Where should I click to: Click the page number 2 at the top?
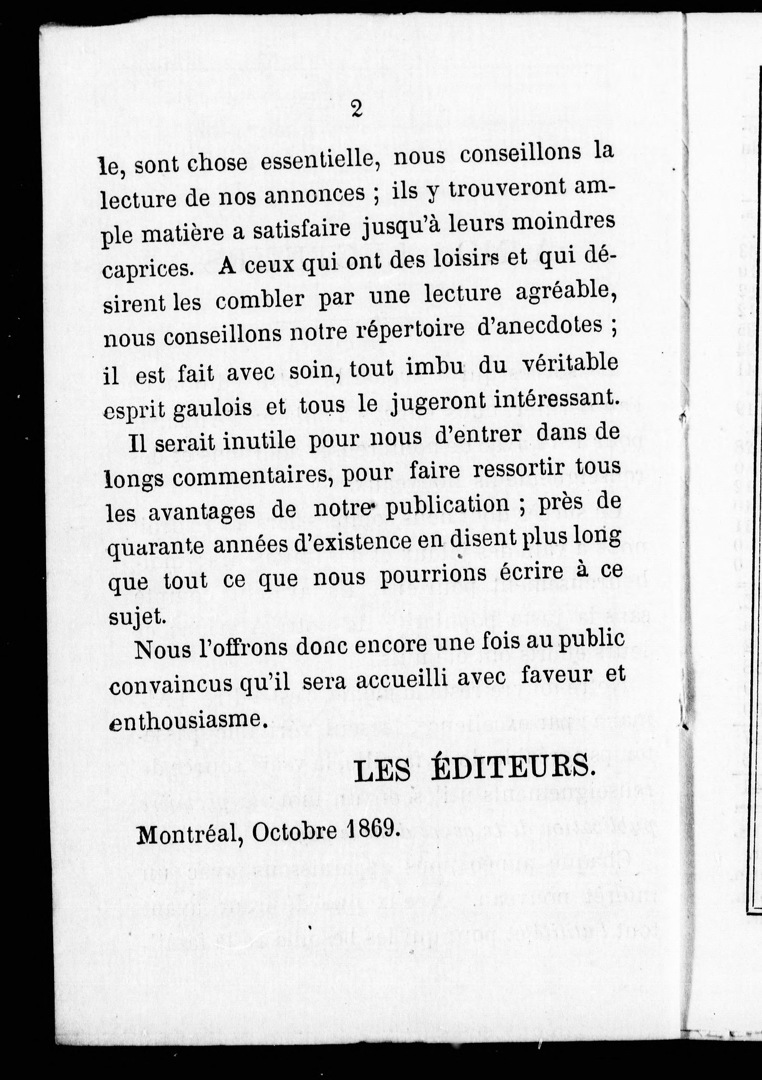tap(356, 109)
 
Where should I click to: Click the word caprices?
tap(148, 269)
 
